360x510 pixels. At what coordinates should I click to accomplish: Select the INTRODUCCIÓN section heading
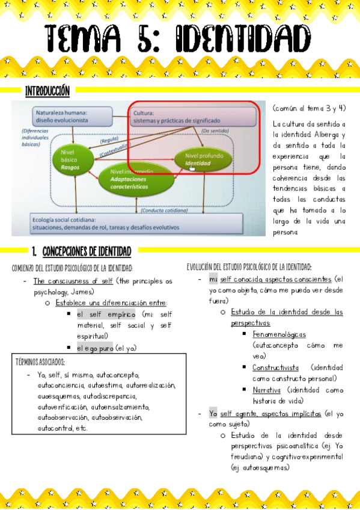(x=47, y=91)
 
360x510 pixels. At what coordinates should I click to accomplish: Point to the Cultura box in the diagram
(x=180, y=116)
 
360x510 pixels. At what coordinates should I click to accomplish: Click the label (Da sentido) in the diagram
(x=214, y=130)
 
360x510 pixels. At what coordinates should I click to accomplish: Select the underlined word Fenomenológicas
(x=279, y=334)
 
